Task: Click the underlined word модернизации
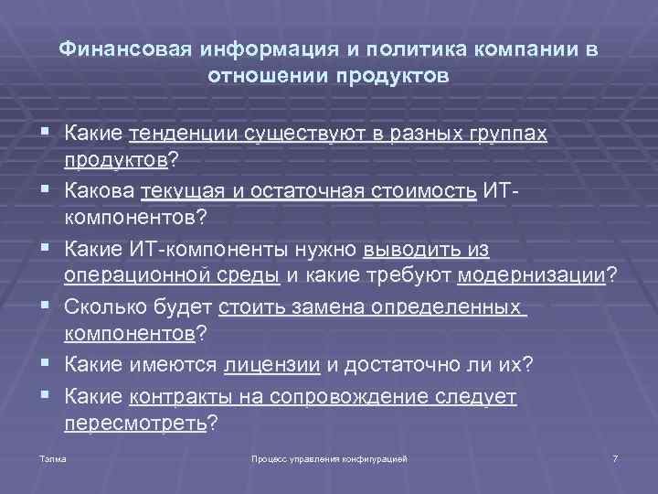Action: [531, 276]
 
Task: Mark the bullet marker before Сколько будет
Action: [45, 306]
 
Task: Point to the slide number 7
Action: [616, 457]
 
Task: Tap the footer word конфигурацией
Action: [377, 457]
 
